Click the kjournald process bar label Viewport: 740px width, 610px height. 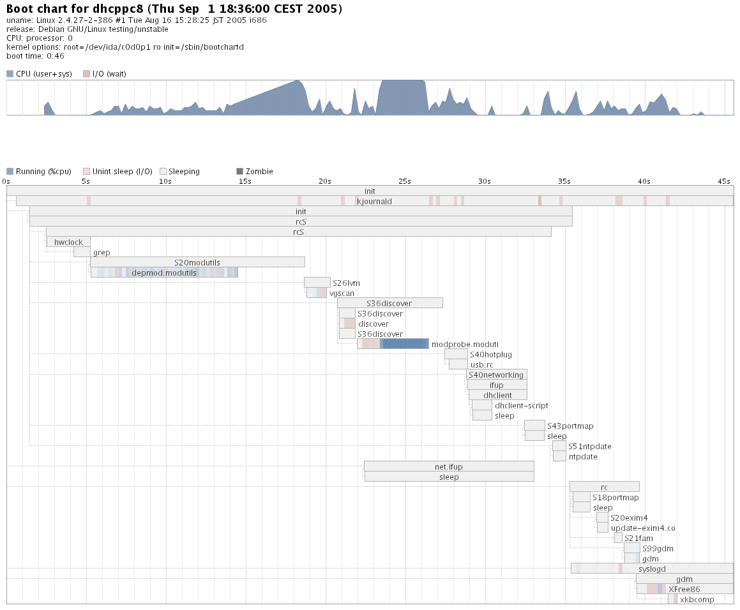coord(374,201)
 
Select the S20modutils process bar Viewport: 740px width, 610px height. coord(197,262)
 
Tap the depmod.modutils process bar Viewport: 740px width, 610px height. coord(164,272)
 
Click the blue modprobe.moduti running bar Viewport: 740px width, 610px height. coord(404,344)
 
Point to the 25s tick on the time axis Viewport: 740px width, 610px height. coord(404,181)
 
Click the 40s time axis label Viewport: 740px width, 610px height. coord(644,181)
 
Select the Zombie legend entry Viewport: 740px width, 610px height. coord(255,172)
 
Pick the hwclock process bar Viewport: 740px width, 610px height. coord(68,242)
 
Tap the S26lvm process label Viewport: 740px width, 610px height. coord(342,283)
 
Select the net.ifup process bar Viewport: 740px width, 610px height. coord(449,466)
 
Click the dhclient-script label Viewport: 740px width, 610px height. coord(521,405)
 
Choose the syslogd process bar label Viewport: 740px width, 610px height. coord(652,569)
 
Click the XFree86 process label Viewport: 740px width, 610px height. coord(684,589)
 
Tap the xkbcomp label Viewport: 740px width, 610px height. coord(697,599)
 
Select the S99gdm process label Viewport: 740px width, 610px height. coord(658,548)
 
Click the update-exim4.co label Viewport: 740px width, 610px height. coord(643,528)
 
